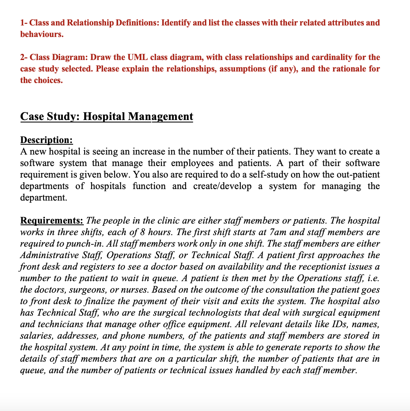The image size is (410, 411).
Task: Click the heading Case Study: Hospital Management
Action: click(106, 116)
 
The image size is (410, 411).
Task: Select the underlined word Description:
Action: click(46, 140)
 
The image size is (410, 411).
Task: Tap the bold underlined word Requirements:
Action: click(52, 221)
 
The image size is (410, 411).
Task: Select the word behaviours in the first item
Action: click(41, 34)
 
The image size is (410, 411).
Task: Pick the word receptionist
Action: click(328, 267)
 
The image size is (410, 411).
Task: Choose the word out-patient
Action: click(357, 175)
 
